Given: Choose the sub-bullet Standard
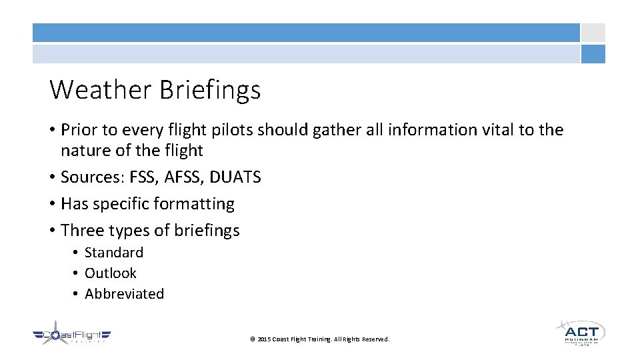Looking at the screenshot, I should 114,253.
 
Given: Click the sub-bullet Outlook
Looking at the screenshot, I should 111,273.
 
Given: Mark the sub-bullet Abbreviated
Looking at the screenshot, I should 125,294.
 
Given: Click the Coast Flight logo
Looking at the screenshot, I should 71,336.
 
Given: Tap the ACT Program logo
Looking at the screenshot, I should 581,332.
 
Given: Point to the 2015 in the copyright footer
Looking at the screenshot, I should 264,339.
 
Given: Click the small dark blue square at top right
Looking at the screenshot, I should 593,54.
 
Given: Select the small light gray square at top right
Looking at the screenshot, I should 593,33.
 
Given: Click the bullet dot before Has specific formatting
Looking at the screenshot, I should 52,204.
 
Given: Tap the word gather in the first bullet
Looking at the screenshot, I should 339,130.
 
